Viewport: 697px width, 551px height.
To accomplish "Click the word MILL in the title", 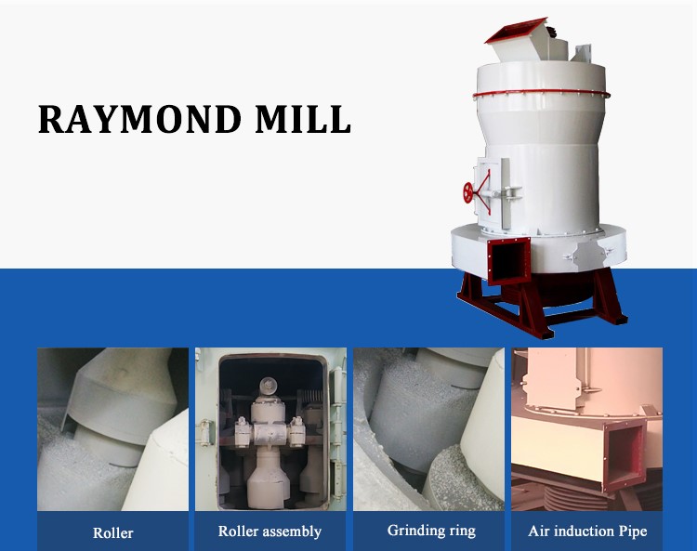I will [x=311, y=120].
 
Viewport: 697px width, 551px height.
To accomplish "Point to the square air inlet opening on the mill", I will [x=509, y=259].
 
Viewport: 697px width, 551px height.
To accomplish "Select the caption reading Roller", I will [x=112, y=532].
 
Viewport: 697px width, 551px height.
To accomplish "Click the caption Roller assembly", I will [x=270, y=531].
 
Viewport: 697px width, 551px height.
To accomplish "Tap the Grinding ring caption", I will [x=431, y=531].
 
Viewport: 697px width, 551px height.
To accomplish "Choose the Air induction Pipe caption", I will [x=586, y=531].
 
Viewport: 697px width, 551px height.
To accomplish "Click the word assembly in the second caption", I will [x=292, y=531].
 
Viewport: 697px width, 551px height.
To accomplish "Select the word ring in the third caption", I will [x=460, y=531].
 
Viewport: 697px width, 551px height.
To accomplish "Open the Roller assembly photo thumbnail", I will [x=270, y=428].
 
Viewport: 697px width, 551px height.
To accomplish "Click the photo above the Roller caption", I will [x=112, y=428].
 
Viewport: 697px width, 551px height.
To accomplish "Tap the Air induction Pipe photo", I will [x=586, y=428].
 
